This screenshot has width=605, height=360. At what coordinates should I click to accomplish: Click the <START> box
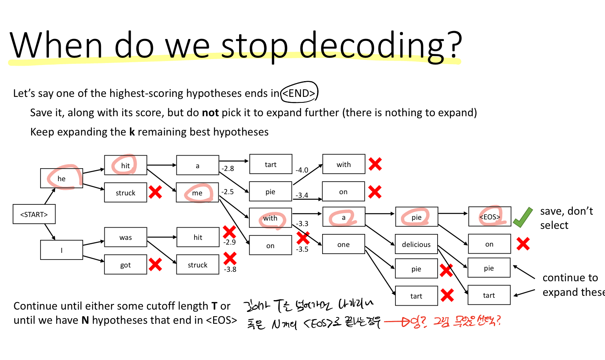click(34, 214)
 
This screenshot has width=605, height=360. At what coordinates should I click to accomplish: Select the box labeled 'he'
click(61, 178)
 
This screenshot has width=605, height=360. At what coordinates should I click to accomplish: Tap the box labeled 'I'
click(61, 250)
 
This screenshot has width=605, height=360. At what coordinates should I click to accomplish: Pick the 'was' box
click(126, 237)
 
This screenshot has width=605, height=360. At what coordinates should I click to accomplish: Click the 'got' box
click(126, 265)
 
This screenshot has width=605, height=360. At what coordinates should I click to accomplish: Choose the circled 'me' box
click(197, 193)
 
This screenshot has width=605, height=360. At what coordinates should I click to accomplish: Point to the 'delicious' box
click(416, 245)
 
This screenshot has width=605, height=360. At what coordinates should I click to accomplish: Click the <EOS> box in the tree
click(490, 217)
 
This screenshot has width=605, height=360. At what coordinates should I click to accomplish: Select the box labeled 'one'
click(343, 245)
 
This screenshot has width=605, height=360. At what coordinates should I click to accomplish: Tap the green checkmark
click(523, 217)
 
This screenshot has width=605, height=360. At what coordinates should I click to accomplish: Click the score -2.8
click(228, 169)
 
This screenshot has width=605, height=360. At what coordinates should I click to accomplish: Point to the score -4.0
click(302, 170)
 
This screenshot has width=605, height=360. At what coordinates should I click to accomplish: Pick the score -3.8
click(230, 269)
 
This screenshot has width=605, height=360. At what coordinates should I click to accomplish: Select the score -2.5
click(228, 192)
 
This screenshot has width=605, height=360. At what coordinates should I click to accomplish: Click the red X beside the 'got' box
click(155, 265)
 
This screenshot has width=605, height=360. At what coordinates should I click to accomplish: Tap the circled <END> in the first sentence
click(299, 93)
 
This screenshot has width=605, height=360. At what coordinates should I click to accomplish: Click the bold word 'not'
click(210, 113)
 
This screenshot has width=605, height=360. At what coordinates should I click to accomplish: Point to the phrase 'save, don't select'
click(566, 218)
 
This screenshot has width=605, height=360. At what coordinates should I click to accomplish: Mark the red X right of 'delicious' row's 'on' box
click(523, 244)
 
